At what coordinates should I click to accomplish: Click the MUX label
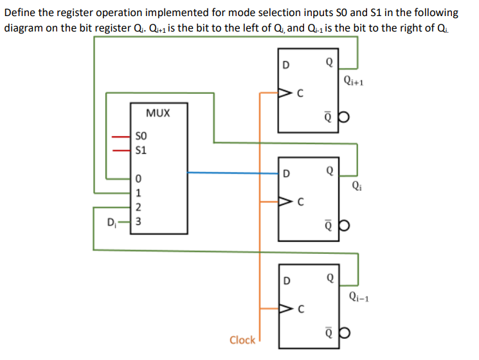[x=158, y=113]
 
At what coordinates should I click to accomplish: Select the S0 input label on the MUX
[x=142, y=137]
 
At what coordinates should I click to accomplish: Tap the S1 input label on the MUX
[x=142, y=151]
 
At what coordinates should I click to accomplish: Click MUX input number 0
[x=138, y=178]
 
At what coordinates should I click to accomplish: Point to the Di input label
[x=112, y=222]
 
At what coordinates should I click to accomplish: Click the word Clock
[x=242, y=339]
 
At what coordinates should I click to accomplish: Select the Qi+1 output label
[x=354, y=81]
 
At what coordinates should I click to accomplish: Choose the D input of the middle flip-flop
[x=287, y=172]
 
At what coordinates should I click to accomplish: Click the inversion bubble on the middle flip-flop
[x=343, y=228]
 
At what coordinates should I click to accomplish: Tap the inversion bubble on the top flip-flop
[x=343, y=118]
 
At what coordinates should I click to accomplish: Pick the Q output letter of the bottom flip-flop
[x=330, y=279]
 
